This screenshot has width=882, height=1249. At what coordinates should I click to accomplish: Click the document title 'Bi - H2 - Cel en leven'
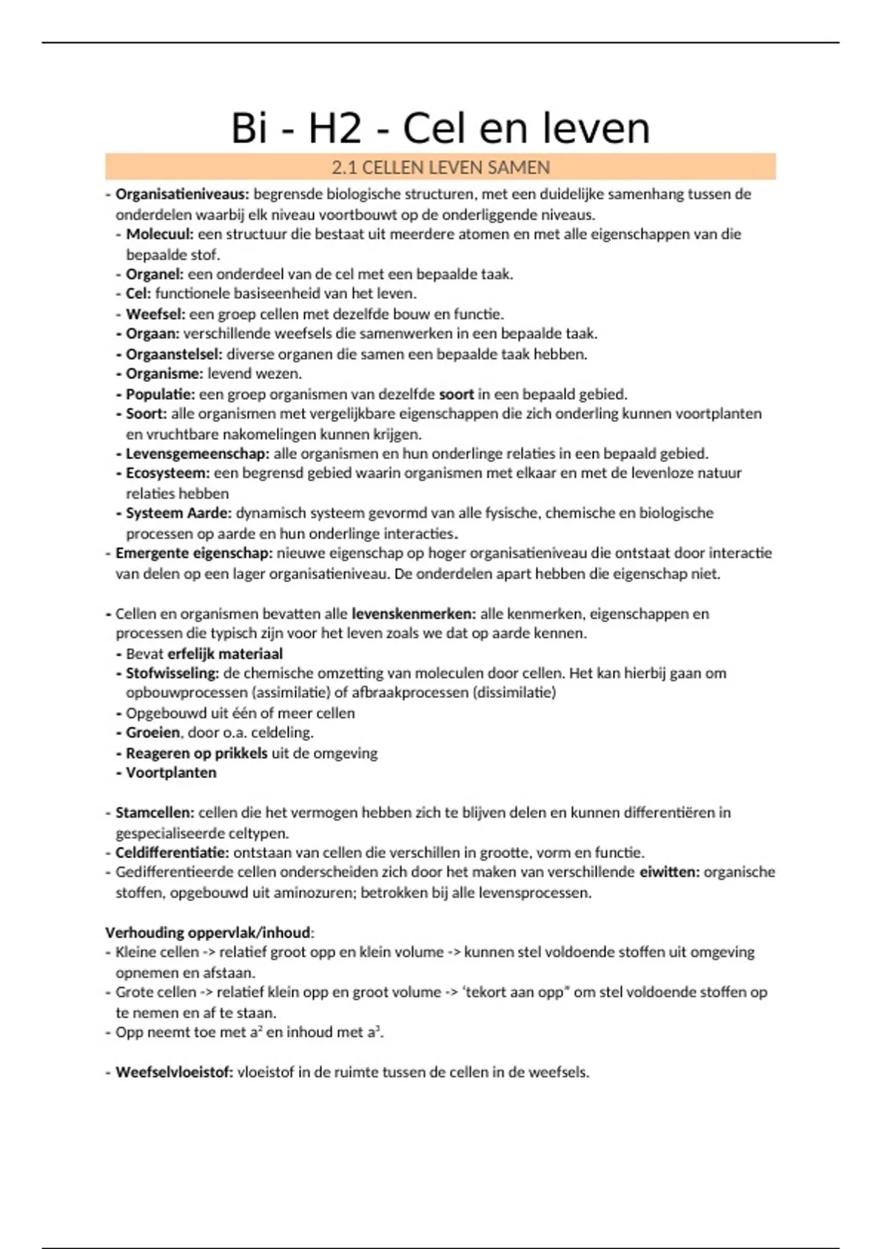click(440, 128)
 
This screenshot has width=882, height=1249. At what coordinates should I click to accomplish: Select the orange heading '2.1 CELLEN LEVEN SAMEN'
click(440, 168)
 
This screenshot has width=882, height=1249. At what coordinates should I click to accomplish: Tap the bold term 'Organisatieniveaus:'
click(182, 195)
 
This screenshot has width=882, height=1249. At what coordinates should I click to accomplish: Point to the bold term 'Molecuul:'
click(159, 234)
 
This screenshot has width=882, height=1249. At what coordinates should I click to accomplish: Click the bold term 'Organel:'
click(154, 274)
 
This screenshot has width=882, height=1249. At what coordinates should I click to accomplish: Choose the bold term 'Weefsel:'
click(155, 314)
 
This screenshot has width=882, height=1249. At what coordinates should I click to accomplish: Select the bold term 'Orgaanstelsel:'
click(173, 354)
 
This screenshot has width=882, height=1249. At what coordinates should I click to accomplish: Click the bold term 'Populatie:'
click(160, 395)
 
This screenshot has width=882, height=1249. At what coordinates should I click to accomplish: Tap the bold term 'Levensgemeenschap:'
click(198, 454)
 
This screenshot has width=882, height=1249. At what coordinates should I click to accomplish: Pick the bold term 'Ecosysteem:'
click(168, 473)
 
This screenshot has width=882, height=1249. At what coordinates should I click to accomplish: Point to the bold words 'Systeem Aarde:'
click(179, 513)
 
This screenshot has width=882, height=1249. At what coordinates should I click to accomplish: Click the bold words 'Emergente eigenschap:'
click(194, 553)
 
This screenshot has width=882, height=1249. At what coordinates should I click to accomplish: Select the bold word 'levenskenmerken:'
click(414, 613)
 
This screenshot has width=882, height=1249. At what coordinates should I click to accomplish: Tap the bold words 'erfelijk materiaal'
click(225, 654)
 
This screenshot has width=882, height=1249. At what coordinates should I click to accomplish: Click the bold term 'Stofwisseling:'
click(173, 673)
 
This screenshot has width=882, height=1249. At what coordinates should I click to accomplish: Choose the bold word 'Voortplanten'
click(171, 773)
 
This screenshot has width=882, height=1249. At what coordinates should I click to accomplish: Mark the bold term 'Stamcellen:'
click(154, 813)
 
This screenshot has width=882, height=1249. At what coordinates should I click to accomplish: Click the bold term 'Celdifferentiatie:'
click(172, 853)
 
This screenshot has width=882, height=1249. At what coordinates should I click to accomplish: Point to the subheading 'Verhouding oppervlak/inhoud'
click(208, 933)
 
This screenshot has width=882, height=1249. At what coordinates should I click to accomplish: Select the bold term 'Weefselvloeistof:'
click(174, 1073)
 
